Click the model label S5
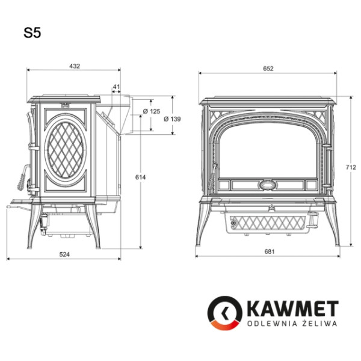[x=32, y=34]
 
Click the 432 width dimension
[x=74, y=66]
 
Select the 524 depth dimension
[x=64, y=255]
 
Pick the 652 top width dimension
[x=268, y=69]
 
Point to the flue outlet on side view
[x=120, y=113]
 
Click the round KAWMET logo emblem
[x=224, y=313]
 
